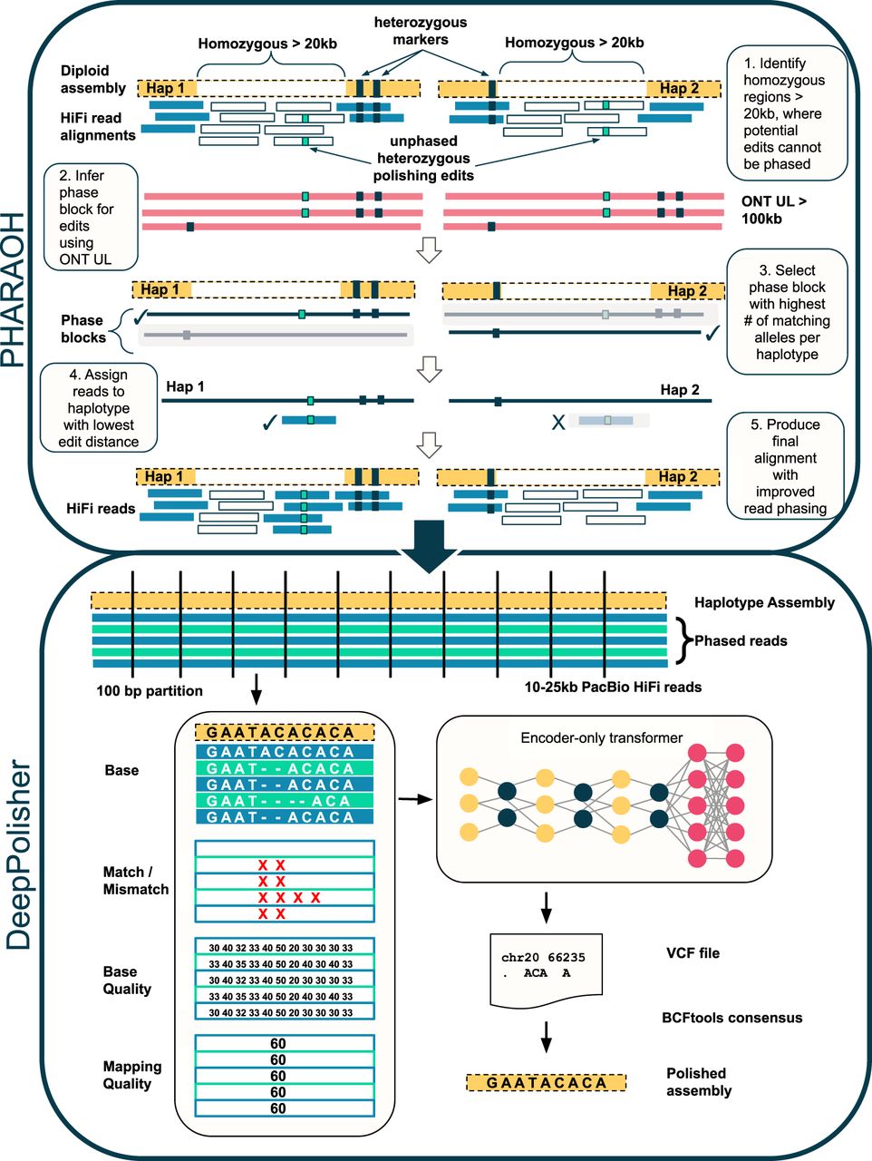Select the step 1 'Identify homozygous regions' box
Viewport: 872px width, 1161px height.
click(x=786, y=113)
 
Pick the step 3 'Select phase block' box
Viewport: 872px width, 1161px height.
click(x=786, y=312)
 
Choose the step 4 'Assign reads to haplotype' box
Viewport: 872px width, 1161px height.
click(x=99, y=408)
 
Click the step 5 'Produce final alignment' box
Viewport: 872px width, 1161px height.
click(x=785, y=466)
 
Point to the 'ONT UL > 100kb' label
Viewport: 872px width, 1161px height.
click(x=774, y=210)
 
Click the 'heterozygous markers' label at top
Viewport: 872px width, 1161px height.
click(x=420, y=31)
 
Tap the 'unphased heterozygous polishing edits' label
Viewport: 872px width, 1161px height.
click(x=423, y=158)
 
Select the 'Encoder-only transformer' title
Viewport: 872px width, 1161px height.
click(x=601, y=738)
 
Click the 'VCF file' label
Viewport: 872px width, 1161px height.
click(x=693, y=953)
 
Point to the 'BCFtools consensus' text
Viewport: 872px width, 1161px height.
click(x=732, y=1018)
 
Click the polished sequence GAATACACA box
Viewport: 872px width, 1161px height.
click(x=547, y=1083)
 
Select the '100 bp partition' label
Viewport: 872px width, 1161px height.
click(x=150, y=691)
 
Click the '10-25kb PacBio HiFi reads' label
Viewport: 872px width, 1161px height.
click(x=613, y=687)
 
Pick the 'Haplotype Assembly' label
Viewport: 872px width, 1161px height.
click(x=764, y=602)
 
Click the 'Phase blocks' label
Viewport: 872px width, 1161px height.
click(x=82, y=328)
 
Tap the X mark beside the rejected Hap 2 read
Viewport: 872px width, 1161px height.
click(x=558, y=422)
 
